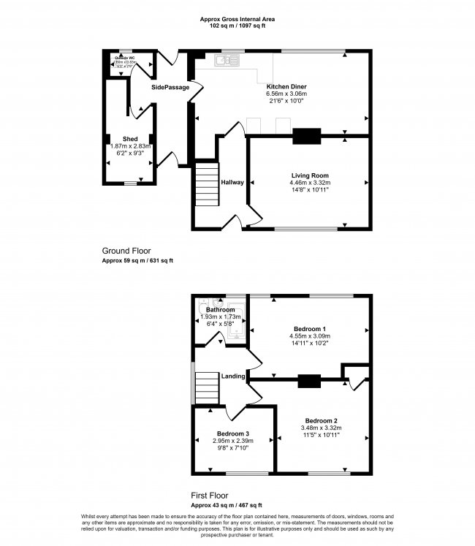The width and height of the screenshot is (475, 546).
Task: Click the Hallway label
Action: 232,182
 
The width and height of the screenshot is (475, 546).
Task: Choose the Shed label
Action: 130,139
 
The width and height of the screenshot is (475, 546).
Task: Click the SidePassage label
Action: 170,88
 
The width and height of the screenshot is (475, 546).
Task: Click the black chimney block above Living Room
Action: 307,135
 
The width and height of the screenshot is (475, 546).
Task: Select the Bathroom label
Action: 220,310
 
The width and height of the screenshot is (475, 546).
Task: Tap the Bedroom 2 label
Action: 322,420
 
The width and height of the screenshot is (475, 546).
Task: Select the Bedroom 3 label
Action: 232,433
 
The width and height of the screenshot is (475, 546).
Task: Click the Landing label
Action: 233,376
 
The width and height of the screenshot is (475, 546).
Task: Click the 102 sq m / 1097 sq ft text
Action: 238,25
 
